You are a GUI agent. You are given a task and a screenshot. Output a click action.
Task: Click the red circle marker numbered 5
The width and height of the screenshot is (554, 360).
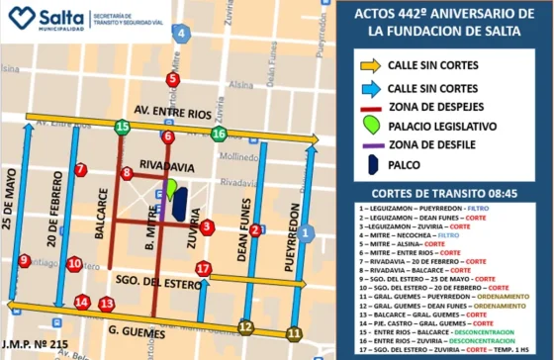[x=173, y=80]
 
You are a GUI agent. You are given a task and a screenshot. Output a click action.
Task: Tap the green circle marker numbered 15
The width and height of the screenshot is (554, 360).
[x=122, y=127]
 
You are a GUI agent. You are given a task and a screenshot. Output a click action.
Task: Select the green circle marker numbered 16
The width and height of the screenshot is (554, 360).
[x=219, y=134]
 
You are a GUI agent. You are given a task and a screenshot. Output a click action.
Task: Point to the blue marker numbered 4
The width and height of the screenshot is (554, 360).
[x=179, y=33]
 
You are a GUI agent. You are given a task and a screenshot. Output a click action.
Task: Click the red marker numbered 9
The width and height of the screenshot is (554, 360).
[x=24, y=260]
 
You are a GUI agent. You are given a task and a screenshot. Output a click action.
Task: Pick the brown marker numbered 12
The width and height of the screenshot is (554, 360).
[x=245, y=327]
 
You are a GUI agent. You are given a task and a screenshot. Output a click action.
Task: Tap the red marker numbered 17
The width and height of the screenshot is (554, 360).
[x=204, y=268]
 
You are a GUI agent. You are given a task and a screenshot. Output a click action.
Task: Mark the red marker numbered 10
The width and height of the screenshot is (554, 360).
[x=74, y=264]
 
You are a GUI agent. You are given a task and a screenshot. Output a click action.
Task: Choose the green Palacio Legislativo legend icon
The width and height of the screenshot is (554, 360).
[x=371, y=126]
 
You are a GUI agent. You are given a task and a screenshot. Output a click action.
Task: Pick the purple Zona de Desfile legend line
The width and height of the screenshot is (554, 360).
[x=372, y=145]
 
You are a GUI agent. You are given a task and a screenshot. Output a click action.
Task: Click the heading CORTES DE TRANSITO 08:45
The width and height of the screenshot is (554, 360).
[x=442, y=190]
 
